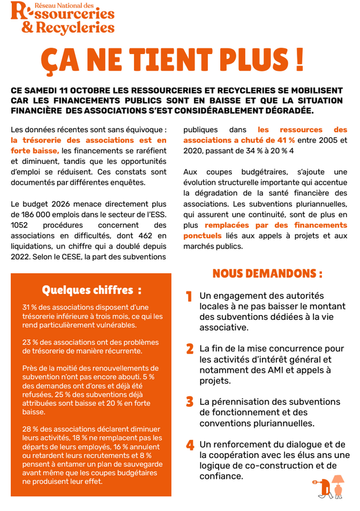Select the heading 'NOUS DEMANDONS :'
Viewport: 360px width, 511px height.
coord(267,274)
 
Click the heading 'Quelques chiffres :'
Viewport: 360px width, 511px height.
coord(92,290)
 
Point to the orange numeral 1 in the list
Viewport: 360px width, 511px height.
coord(189,297)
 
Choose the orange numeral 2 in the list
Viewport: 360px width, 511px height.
coord(189,349)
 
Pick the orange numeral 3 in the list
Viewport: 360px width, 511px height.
coord(189,402)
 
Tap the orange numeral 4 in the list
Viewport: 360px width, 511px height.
coord(190,445)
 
